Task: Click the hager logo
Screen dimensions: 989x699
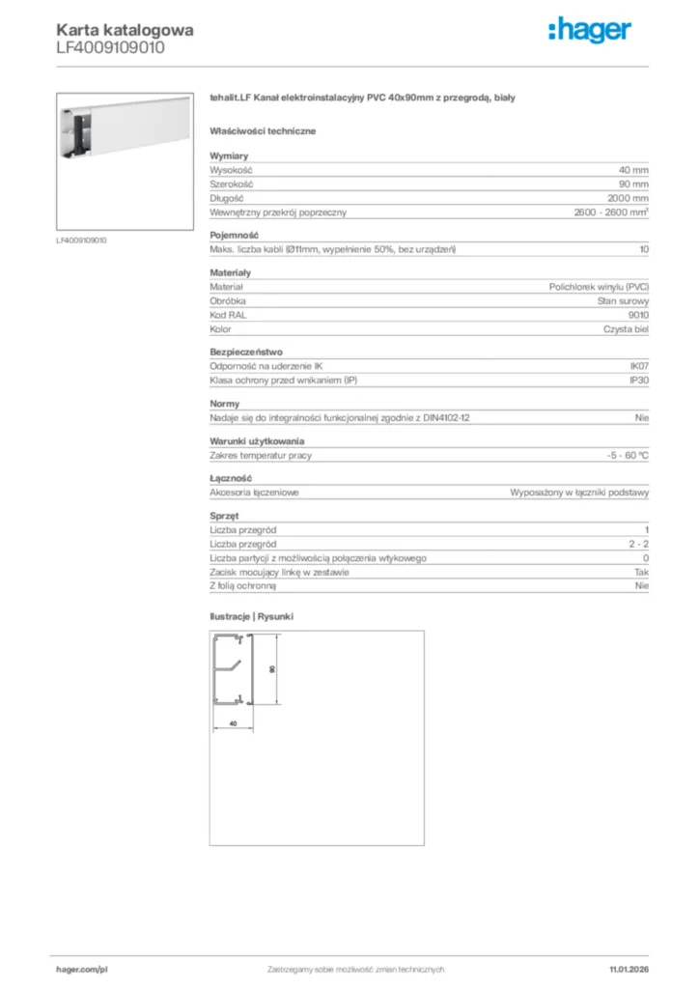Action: coord(591,31)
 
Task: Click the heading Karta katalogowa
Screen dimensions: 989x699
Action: coord(125,30)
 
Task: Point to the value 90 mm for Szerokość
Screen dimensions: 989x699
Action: coord(633,184)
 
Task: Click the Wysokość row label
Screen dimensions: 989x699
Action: coord(231,169)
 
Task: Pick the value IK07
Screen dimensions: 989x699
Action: coord(638,366)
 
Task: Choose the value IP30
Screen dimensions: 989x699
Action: coord(638,381)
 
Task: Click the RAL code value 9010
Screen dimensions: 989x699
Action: coord(638,315)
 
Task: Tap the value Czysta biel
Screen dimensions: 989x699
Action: coord(626,329)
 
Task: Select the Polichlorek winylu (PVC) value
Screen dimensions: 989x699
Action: coord(599,287)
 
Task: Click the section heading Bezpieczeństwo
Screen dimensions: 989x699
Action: coord(246,352)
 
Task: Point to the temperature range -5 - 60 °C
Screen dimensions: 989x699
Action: coord(622,455)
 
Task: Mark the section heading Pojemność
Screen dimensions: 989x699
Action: coord(234,235)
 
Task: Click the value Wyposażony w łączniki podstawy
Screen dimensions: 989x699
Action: coord(579,492)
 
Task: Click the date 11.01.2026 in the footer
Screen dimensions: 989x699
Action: coord(629,969)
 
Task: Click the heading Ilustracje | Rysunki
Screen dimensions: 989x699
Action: coord(251,615)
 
